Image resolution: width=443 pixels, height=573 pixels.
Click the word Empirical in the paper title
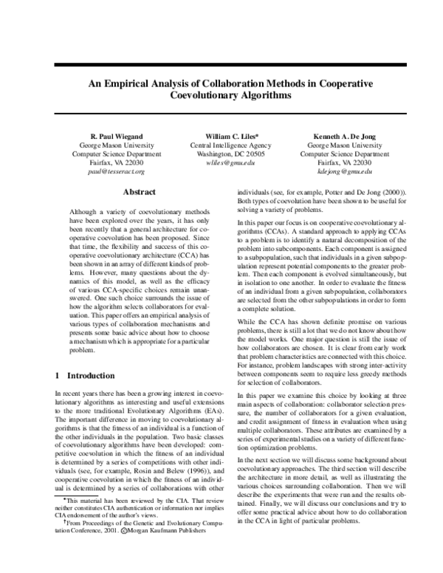(133, 83)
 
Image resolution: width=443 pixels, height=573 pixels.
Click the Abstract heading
(138, 192)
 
